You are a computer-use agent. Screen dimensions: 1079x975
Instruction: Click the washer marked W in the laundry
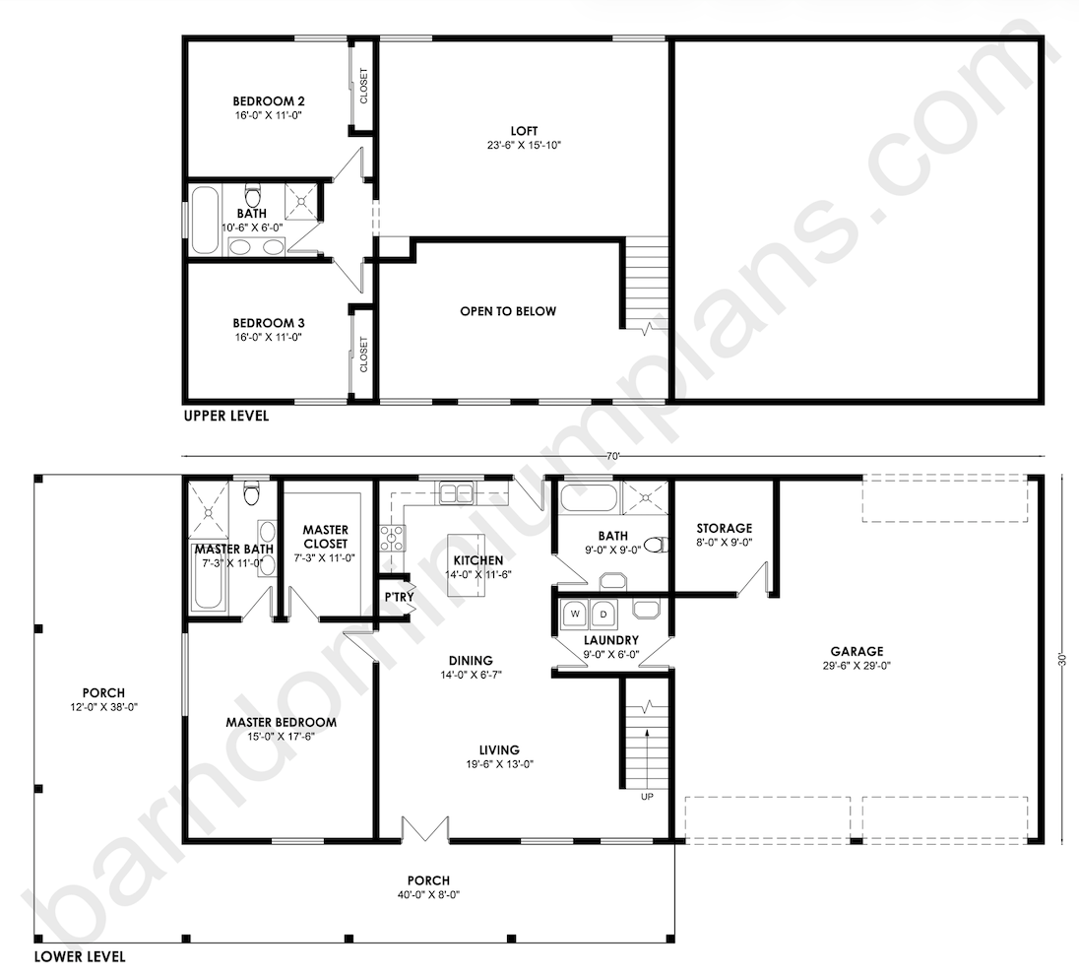[575, 614]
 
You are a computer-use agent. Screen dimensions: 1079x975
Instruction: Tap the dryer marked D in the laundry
[603, 614]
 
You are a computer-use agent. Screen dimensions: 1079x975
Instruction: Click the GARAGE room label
[857, 651]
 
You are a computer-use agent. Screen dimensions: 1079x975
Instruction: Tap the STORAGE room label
[724, 528]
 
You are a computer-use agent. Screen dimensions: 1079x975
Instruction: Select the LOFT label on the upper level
[525, 131]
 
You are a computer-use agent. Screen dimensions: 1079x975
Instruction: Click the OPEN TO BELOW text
[508, 311]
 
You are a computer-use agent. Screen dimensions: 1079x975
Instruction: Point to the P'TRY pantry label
[399, 597]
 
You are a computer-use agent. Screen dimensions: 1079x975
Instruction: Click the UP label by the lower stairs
[647, 797]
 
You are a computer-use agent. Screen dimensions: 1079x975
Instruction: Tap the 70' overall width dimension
[613, 456]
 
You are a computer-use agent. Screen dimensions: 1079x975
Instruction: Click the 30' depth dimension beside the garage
[1062, 659]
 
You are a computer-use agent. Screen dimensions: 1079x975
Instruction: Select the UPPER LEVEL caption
[225, 416]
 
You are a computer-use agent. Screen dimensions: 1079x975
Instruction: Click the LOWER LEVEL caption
[80, 956]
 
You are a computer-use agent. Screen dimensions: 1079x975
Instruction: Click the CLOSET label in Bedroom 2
[363, 86]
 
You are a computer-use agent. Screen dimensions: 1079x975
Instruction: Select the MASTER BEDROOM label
[282, 722]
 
